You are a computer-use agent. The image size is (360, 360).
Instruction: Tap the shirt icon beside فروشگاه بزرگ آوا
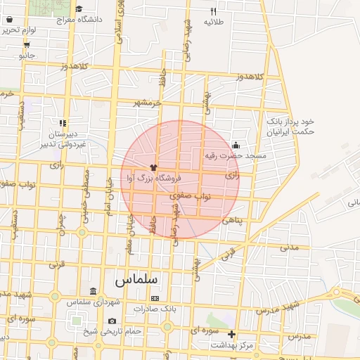pyautogui.click(x=153, y=167)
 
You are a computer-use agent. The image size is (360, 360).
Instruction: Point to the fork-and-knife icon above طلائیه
pyautogui.click(x=214, y=11)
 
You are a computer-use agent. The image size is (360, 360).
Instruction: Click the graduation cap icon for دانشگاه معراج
pyautogui.click(x=79, y=9)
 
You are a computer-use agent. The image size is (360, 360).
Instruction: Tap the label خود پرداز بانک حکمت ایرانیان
pyautogui.click(x=289, y=126)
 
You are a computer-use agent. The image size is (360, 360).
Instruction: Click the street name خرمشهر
pyautogui.click(x=148, y=103)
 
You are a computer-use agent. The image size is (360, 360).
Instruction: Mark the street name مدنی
pyautogui.click(x=290, y=247)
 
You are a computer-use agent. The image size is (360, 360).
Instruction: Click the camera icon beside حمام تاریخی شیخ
pyautogui.click(x=112, y=321)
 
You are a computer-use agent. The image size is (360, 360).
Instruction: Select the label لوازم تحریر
pyautogui.click(x=18, y=30)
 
